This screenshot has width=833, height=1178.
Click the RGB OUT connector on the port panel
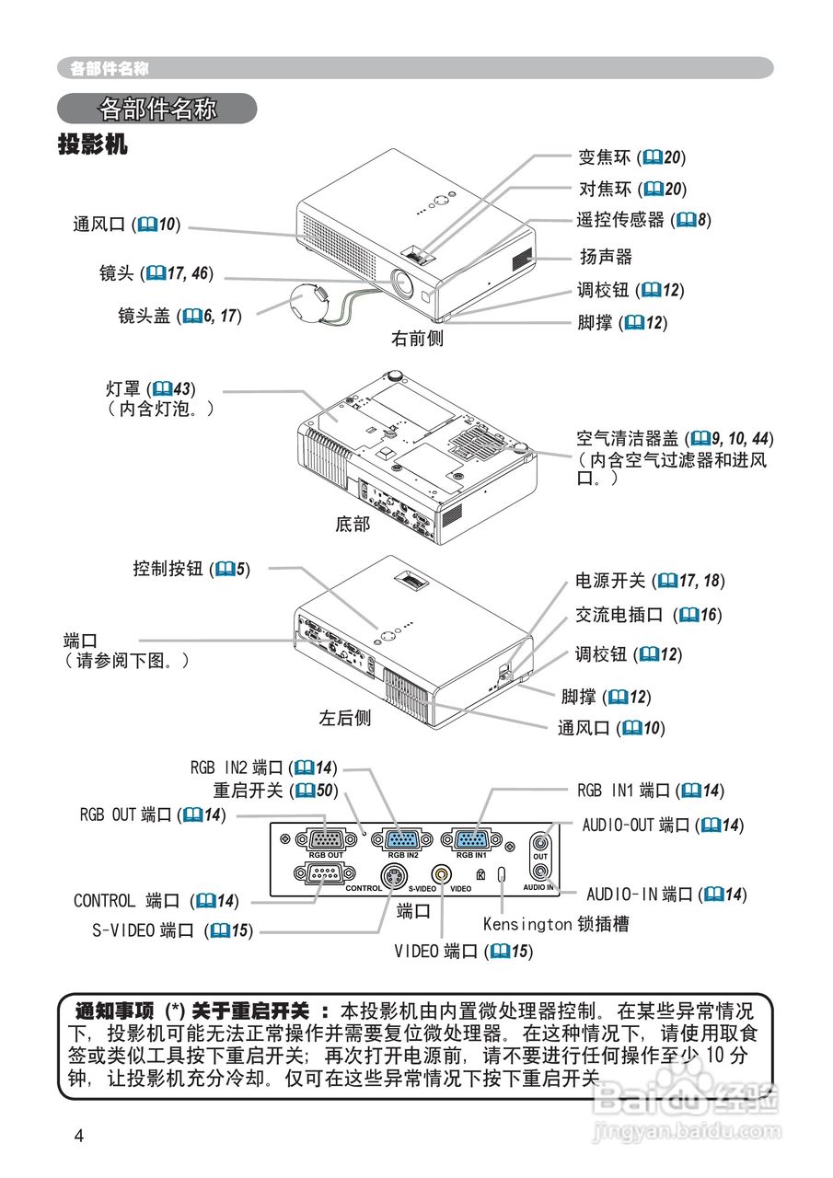[324, 839]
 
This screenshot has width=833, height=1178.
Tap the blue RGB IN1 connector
[471, 839]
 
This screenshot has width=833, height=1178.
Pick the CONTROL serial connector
[317, 874]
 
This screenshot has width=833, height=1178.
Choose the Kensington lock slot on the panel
[502, 874]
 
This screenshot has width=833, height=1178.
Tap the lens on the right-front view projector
[402, 282]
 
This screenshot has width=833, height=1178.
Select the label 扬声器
[605, 257]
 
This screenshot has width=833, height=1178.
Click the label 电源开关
[610, 581]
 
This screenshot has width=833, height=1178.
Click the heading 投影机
[92, 144]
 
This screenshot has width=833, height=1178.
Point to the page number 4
[79, 1136]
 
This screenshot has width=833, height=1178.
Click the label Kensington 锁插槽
[556, 923]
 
